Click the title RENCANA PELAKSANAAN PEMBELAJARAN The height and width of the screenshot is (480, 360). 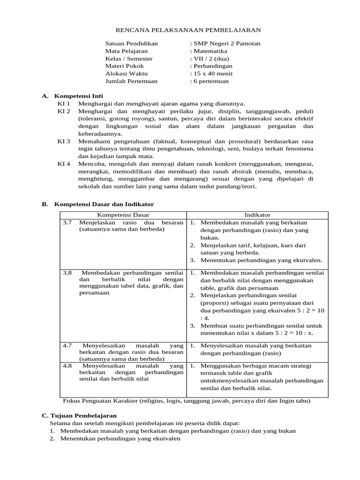[182, 30]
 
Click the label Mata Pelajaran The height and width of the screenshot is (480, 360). [127, 51]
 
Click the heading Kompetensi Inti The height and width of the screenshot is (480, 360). [80, 96]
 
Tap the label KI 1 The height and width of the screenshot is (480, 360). [64, 104]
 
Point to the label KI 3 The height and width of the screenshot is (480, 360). [64, 141]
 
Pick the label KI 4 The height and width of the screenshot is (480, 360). [64, 164]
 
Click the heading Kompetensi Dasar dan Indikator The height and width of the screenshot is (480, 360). [104, 204]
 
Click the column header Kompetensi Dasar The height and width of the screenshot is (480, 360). [123, 215]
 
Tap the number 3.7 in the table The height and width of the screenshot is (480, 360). [67, 223]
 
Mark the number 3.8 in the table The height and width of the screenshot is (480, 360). [67, 272]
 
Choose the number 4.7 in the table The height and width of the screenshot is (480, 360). [67, 345]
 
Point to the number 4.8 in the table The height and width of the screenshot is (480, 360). [67, 365]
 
